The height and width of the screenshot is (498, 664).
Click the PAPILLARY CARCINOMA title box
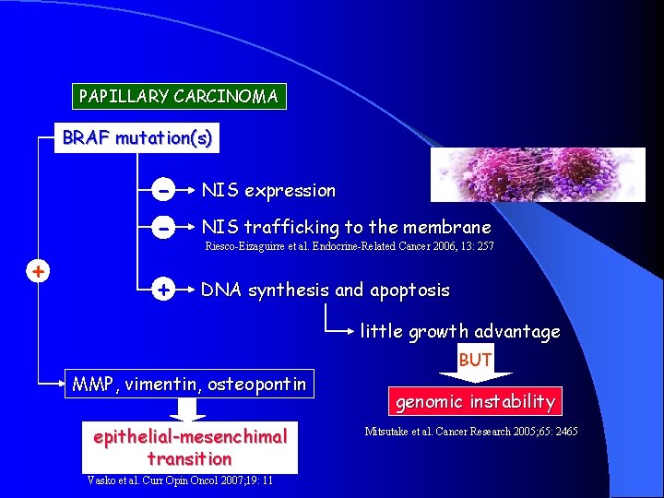pos(179,96)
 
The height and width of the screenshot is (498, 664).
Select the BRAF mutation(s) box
pos(136,139)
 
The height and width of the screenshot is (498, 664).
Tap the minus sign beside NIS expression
pos(162,191)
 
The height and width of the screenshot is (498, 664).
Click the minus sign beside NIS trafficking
pos(162,227)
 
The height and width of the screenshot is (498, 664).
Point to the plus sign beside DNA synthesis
pos(162,290)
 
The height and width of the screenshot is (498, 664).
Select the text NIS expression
pos(268,191)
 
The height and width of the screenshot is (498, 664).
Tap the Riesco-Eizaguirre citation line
pos(349,247)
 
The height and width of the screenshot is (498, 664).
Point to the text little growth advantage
pos(459,332)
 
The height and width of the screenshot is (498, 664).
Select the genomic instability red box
pos(475,401)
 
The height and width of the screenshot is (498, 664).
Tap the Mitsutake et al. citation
pos(471,432)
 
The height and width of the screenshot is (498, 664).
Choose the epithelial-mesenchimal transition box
pos(190,446)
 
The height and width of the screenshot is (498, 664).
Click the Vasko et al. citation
pos(179,480)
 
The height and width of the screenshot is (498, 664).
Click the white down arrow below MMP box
pos(190,409)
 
